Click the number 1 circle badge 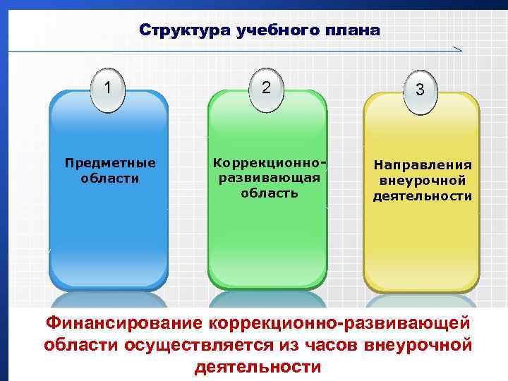pos(108,89)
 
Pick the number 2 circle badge pos(266,88)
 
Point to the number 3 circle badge pos(420,90)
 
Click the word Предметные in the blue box pos(110,163)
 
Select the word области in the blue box pos(110,179)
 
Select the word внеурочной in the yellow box pos(423,181)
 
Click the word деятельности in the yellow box pos(423,195)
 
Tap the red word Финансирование pos(123,324)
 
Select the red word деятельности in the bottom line pos(257,368)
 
